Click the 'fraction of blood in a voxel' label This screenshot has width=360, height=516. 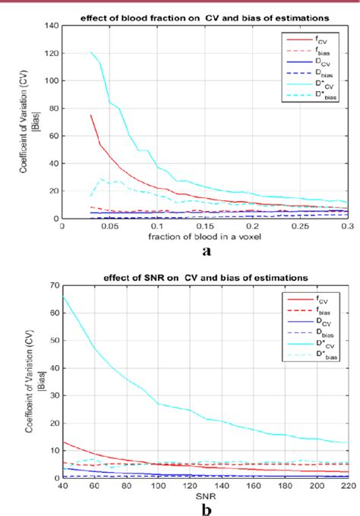tap(205, 236)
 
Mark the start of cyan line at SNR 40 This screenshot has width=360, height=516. tap(62, 297)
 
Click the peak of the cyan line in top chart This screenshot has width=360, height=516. tap(90, 52)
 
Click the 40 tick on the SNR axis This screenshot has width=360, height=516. tap(62, 486)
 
